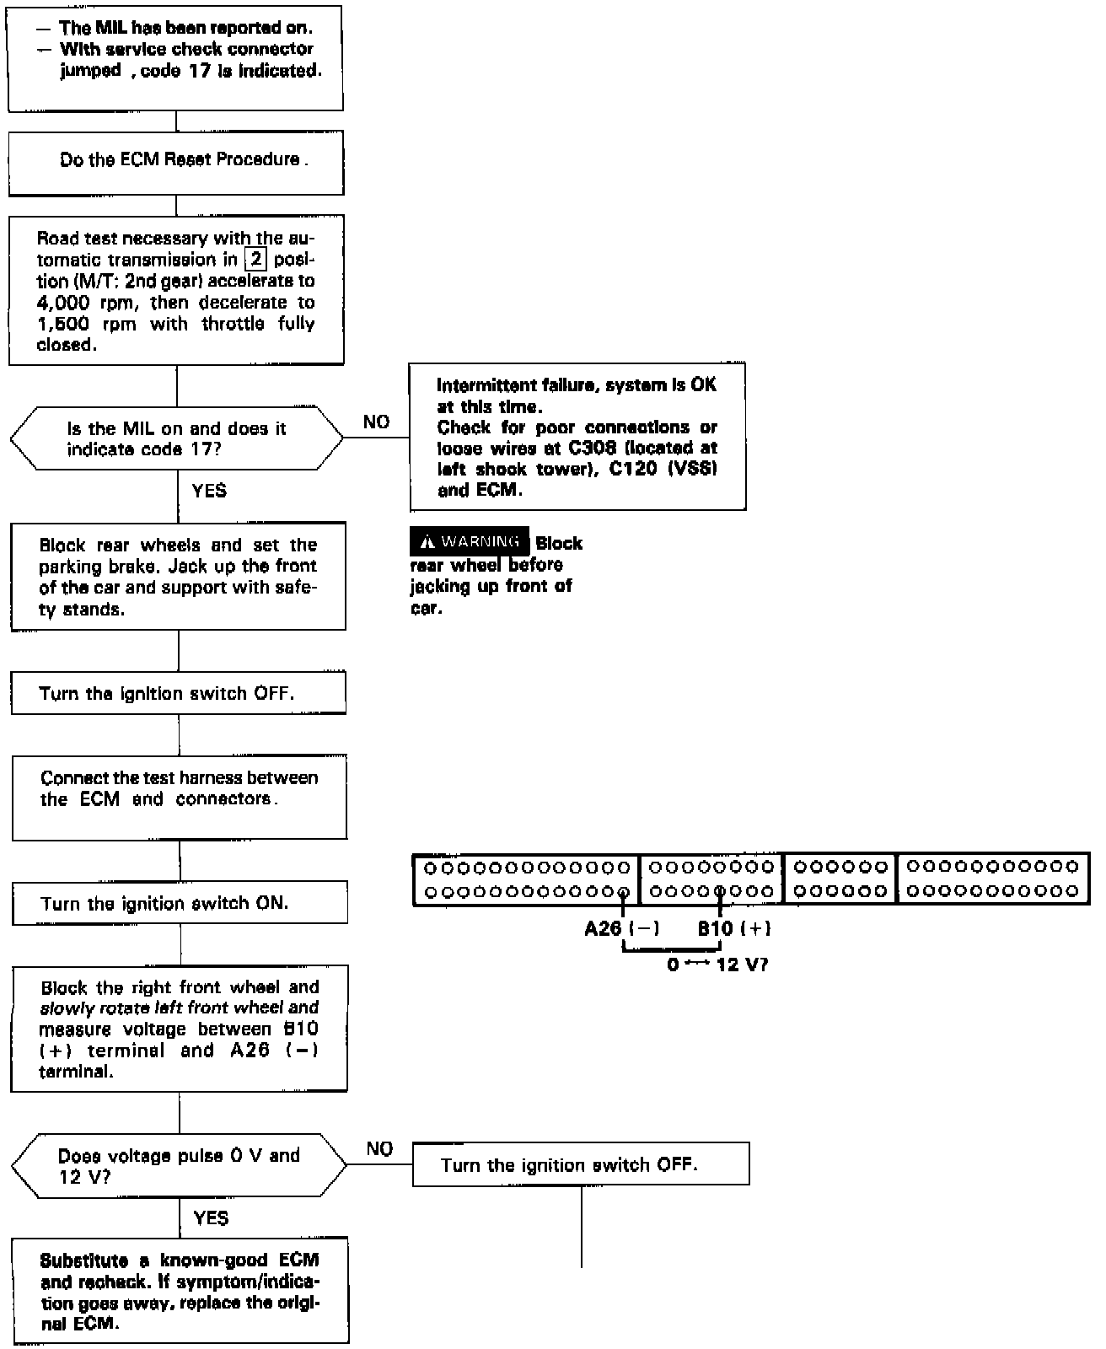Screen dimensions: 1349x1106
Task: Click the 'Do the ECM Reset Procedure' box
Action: (x=176, y=162)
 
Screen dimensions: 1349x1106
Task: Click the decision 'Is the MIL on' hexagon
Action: (x=177, y=438)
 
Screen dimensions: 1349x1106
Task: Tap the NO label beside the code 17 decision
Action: (x=376, y=422)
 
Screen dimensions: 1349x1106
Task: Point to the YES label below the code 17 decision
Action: (x=209, y=490)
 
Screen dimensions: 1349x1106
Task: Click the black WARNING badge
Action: (x=470, y=542)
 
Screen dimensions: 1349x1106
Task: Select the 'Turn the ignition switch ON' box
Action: (x=180, y=903)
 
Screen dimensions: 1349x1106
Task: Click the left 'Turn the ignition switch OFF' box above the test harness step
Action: (x=178, y=693)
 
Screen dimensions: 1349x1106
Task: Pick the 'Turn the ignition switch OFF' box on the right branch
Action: (x=581, y=1164)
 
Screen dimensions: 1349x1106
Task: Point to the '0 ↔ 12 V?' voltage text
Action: (x=717, y=965)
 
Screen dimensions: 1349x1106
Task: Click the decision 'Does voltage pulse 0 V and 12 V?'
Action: (x=179, y=1165)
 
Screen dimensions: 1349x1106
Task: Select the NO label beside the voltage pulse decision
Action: (x=379, y=1148)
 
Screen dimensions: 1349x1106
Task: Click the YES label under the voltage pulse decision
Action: (x=211, y=1217)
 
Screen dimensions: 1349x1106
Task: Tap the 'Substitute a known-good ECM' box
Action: (x=180, y=1290)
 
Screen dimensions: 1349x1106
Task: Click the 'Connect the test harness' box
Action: (x=179, y=797)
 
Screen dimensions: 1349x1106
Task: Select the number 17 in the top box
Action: (x=201, y=71)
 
